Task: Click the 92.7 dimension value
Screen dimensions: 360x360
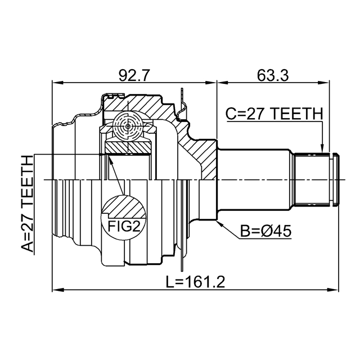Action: click(x=134, y=75)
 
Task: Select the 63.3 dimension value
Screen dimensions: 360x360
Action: click(x=273, y=75)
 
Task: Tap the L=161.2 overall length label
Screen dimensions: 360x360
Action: click(x=195, y=282)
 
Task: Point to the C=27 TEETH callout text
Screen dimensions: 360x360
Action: click(x=274, y=114)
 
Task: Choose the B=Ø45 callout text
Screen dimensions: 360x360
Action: click(x=265, y=231)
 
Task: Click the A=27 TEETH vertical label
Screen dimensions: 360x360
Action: click(x=28, y=204)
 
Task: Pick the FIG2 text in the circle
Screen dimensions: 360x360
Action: click(x=124, y=226)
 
